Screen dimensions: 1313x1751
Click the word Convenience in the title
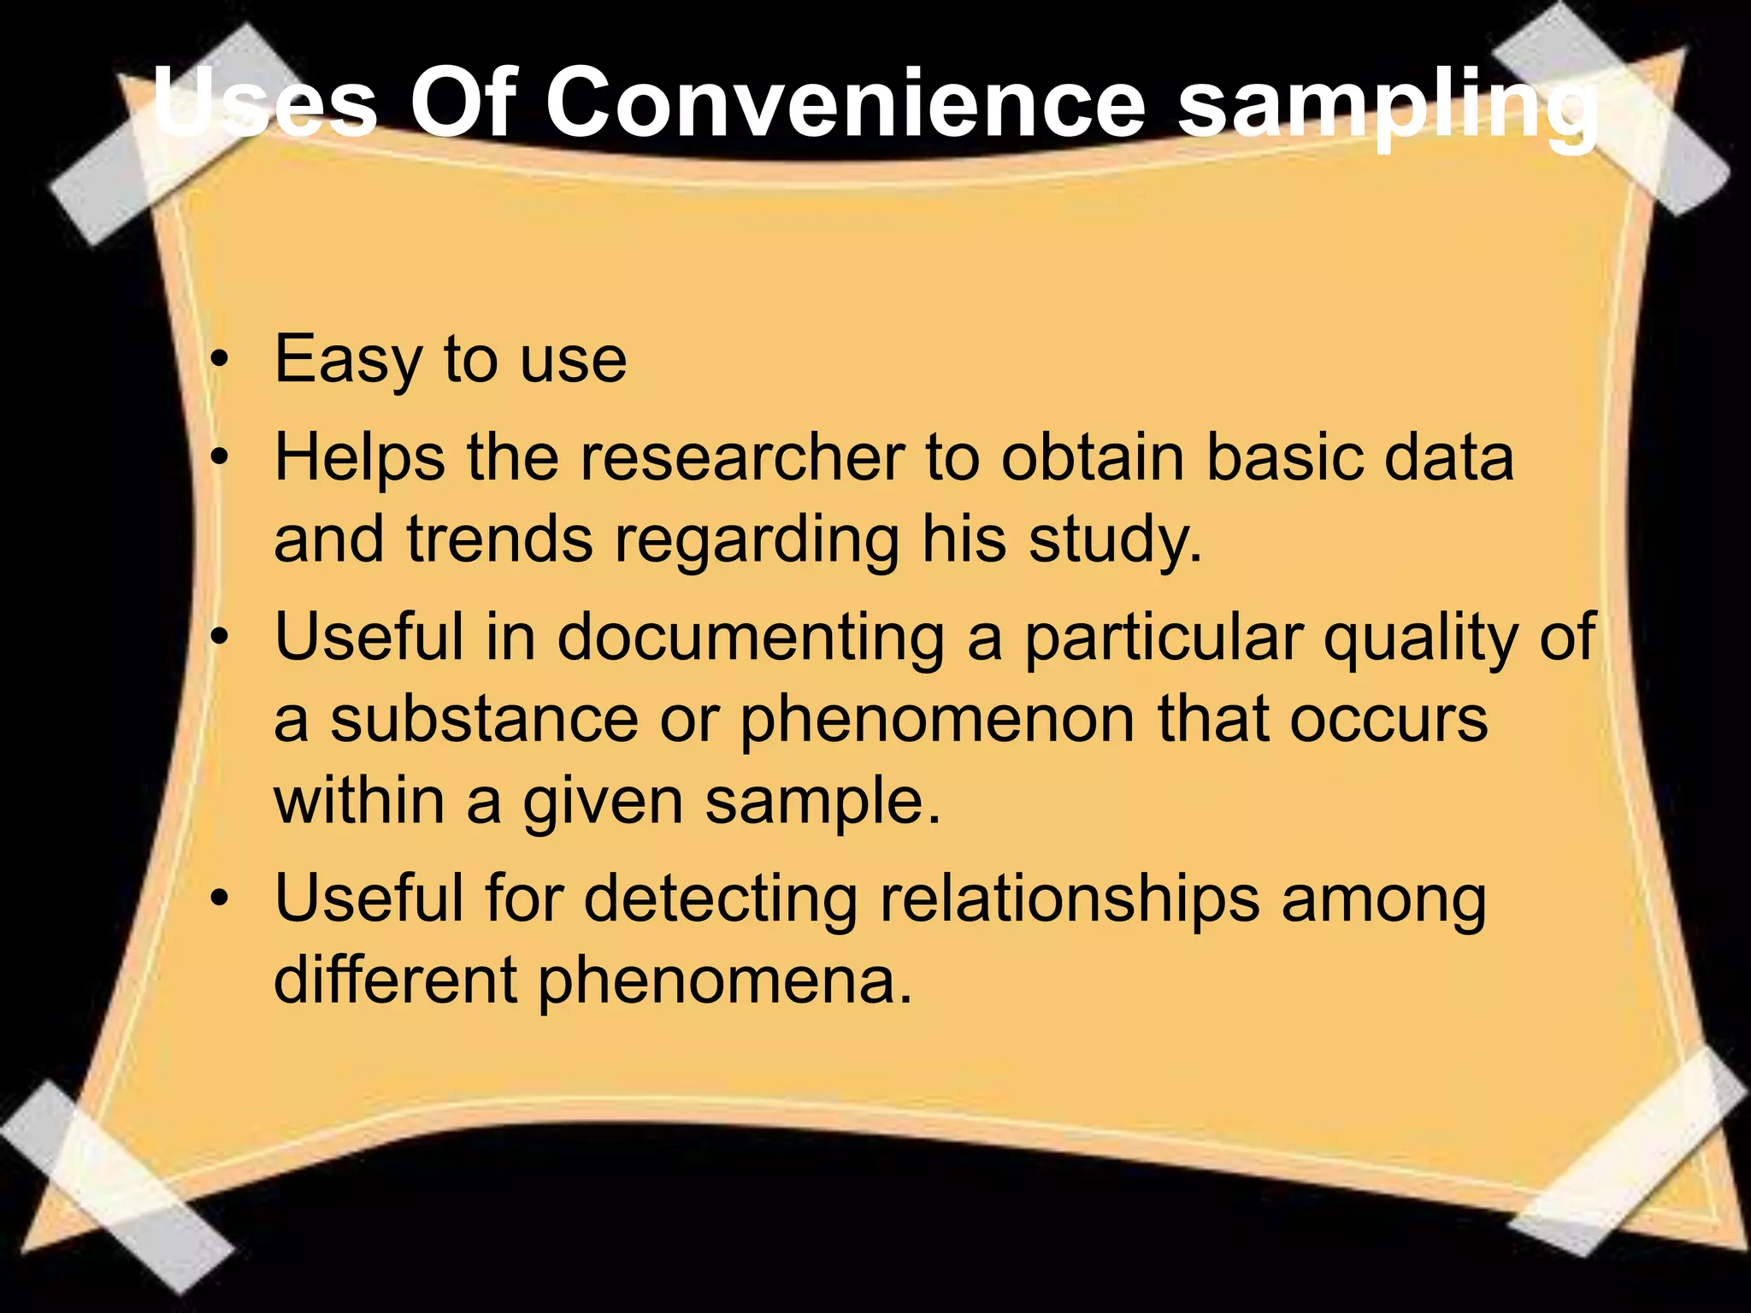point(845,104)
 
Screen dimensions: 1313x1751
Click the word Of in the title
point(462,104)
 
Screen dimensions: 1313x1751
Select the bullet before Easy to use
point(221,361)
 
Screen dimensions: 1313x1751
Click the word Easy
point(347,361)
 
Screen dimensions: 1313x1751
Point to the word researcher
point(742,458)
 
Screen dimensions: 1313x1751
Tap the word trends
point(499,540)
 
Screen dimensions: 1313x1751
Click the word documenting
point(751,638)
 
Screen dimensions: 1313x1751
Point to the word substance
point(484,720)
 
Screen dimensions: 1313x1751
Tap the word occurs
point(1388,720)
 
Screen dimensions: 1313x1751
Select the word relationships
point(1069,899)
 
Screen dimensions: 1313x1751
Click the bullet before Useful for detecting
point(221,899)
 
